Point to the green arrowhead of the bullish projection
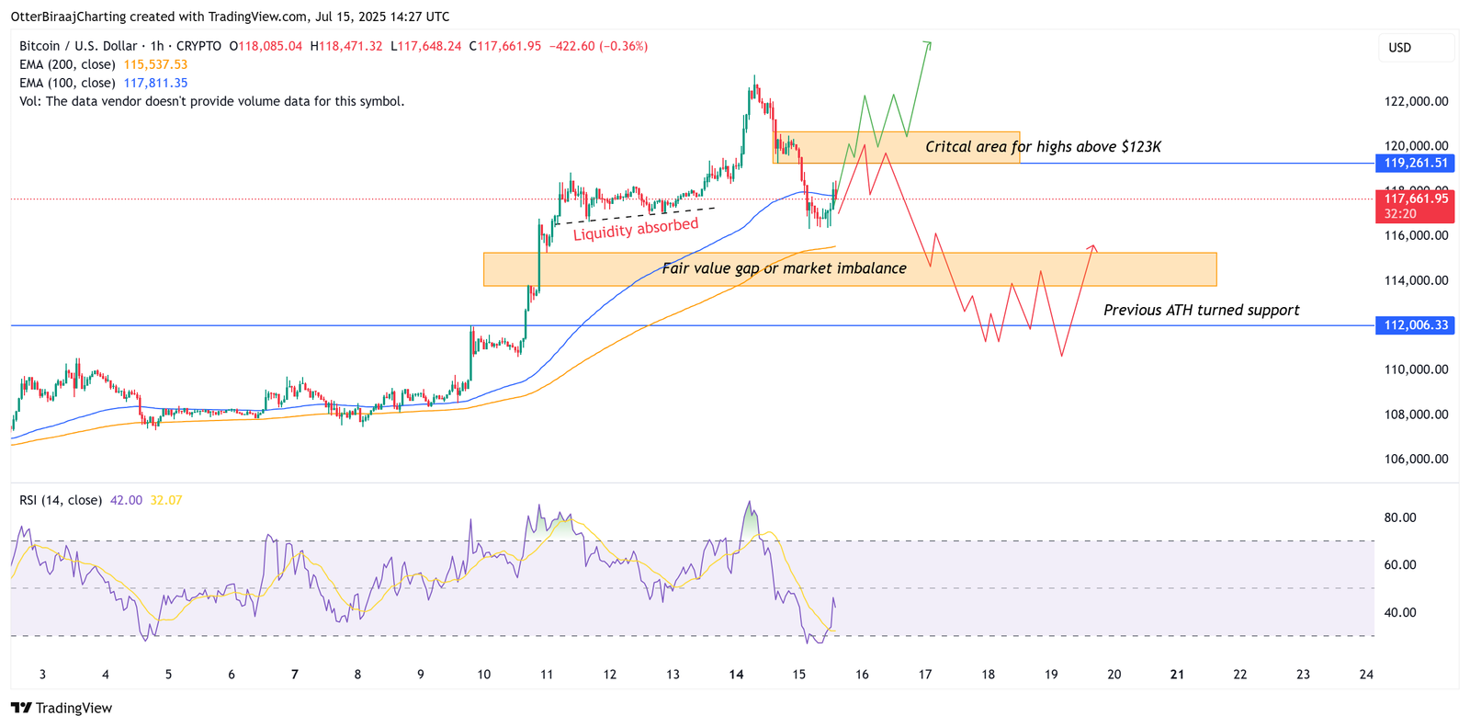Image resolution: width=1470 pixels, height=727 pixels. [929, 44]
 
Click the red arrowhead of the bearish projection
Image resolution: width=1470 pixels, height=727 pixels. [1092, 246]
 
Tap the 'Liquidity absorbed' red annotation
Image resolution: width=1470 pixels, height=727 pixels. [636, 229]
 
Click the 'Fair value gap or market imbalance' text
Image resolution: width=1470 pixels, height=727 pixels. [784, 268]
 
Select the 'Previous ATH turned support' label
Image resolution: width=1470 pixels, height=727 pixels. [1201, 311]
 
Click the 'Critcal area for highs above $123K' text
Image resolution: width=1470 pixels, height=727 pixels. [1043, 147]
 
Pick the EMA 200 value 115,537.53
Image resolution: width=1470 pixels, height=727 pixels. [155, 65]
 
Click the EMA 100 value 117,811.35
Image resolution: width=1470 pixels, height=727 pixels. [155, 84]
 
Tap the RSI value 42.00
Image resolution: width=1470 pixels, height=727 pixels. [126, 501]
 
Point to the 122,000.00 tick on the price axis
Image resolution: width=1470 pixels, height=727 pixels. [1416, 102]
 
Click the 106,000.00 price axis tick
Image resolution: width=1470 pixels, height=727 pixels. [1416, 460]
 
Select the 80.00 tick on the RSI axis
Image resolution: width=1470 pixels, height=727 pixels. [1400, 518]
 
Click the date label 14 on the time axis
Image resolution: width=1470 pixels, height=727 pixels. [736, 675]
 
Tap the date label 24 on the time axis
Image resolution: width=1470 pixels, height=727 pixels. [1366, 675]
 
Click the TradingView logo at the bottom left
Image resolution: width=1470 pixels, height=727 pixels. [62, 708]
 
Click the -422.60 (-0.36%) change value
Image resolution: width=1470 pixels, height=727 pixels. [598, 46]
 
